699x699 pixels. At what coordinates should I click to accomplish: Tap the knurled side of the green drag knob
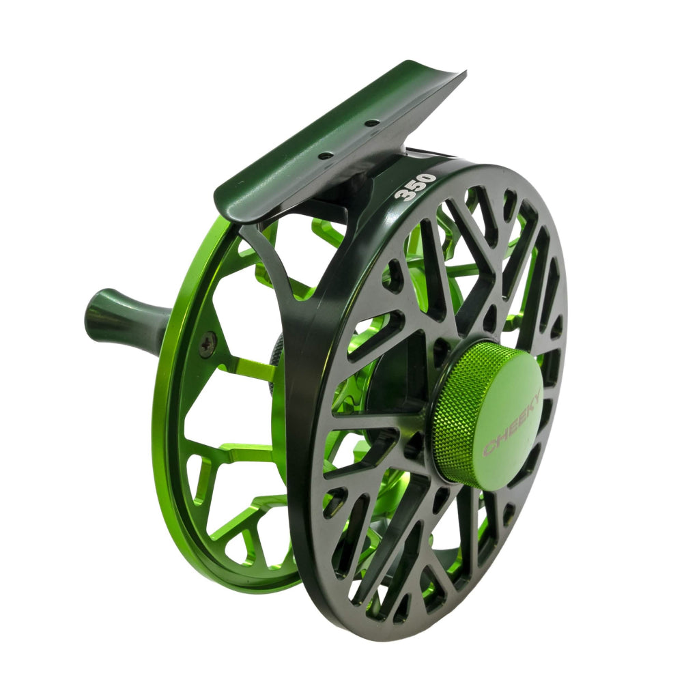454,423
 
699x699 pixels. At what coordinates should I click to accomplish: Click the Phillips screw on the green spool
208,344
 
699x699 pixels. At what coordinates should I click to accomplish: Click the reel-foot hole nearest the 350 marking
372,124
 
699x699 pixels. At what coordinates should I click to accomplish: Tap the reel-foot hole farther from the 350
326,156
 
